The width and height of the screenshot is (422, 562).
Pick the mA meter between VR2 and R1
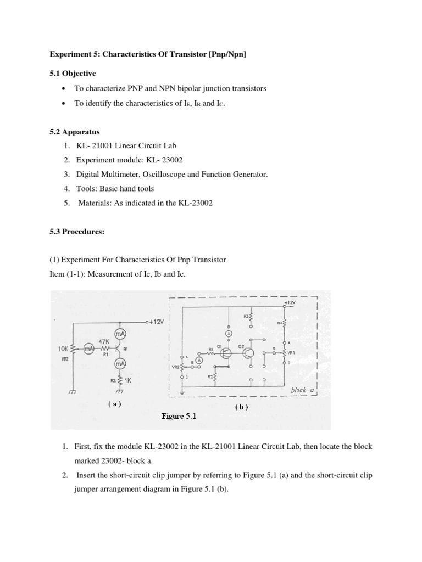[88, 349]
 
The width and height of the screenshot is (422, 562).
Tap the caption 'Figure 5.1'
[179, 417]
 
